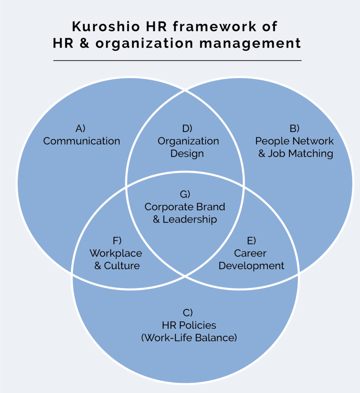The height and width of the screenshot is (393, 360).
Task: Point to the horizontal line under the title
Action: [x=177, y=61]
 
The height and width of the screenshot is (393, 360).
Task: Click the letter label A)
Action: [x=81, y=128]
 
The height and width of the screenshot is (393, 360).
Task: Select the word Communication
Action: [x=81, y=141]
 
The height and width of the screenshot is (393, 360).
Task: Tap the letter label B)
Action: [x=294, y=128]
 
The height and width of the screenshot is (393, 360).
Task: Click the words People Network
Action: [x=294, y=141]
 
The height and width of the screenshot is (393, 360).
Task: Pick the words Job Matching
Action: [x=300, y=154]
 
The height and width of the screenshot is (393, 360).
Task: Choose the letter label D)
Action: [x=187, y=128]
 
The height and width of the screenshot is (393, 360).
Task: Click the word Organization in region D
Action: [x=188, y=141]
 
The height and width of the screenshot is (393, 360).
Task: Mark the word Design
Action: [x=187, y=154]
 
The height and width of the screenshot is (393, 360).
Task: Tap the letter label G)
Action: [x=185, y=194]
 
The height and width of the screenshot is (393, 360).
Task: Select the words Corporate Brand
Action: [x=185, y=207]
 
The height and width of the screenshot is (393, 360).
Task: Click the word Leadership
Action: [x=190, y=220]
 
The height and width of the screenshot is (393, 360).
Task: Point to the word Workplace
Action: [x=116, y=253]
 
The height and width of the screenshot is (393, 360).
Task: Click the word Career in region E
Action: [x=250, y=253]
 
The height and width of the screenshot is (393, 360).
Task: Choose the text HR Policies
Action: [x=189, y=325]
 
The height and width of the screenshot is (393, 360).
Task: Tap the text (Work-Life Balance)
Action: [x=189, y=338]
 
